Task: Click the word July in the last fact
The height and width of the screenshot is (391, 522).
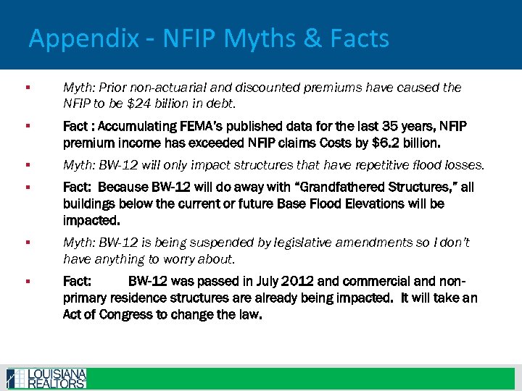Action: (x=255, y=281)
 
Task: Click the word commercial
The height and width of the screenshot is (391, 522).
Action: (x=357, y=281)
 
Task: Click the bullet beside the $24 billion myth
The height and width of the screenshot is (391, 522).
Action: (x=26, y=88)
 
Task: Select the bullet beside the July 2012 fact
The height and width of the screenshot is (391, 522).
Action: (x=26, y=282)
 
